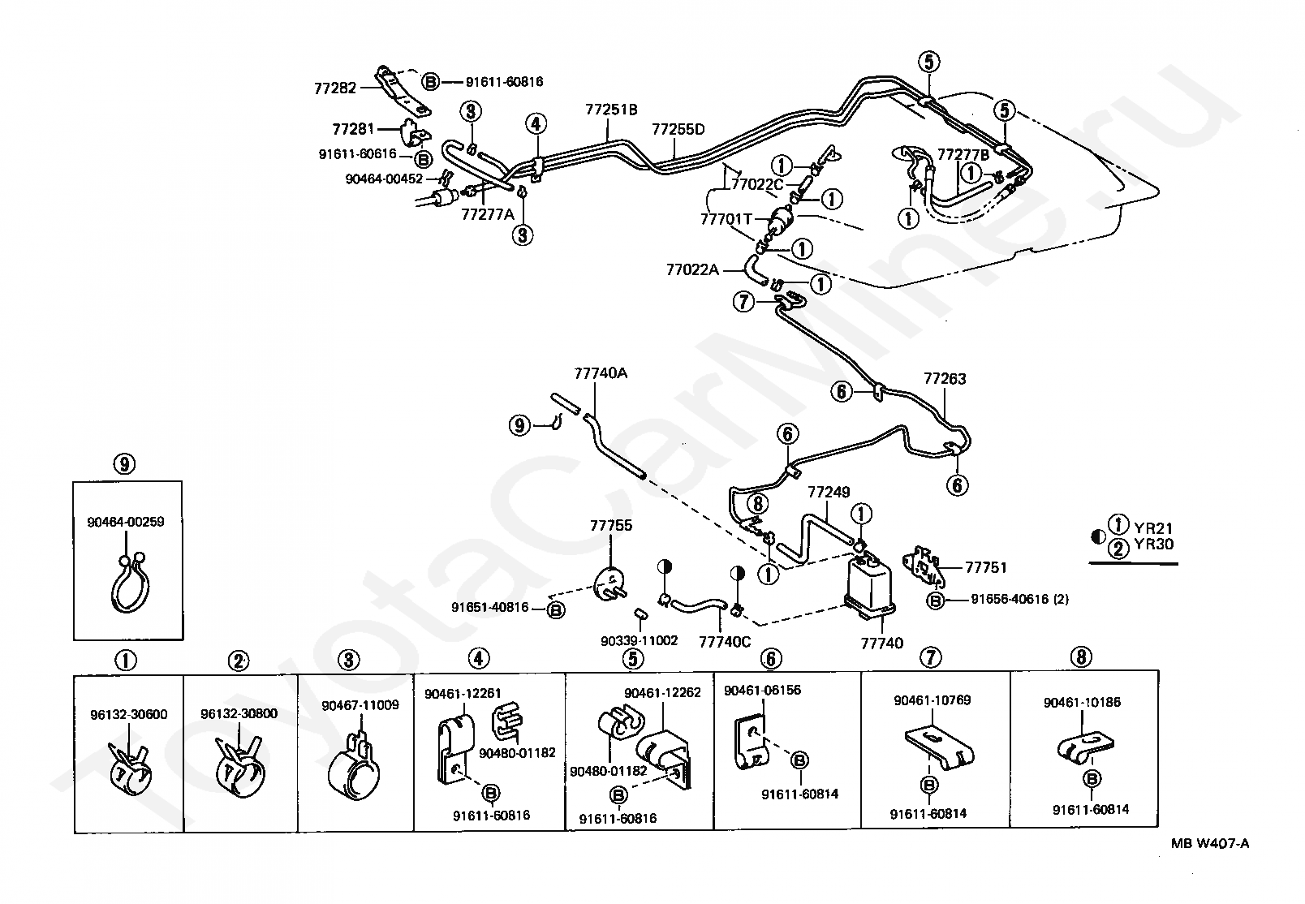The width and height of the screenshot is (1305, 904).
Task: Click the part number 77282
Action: tap(335, 88)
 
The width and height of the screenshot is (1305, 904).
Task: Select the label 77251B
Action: tap(611, 110)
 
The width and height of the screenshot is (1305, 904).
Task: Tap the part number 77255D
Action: tap(678, 129)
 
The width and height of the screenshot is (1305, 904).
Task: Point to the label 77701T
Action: tap(726, 219)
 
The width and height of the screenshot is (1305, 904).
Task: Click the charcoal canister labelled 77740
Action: tap(869, 585)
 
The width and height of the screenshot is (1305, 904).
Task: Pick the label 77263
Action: tap(945, 379)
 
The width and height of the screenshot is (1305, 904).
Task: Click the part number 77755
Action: tap(610, 525)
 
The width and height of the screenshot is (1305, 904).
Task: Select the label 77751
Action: tap(986, 567)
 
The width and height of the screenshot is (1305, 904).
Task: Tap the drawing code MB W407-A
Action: tap(1210, 843)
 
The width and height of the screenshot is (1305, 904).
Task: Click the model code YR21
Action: tap(1153, 528)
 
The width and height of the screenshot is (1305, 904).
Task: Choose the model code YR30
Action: tap(1153, 545)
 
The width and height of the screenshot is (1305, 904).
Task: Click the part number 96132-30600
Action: tap(129, 714)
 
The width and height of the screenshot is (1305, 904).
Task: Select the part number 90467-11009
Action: tap(360, 705)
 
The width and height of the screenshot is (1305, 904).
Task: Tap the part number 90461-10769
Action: tap(932, 700)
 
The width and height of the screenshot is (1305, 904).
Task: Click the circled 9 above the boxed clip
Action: tap(124, 464)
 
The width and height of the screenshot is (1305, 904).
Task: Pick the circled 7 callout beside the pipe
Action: tap(743, 302)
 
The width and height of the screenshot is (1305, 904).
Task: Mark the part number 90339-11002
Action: tap(639, 641)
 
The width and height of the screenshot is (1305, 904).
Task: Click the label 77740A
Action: tap(601, 372)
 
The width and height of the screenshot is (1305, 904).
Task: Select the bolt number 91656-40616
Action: tap(1010, 599)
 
